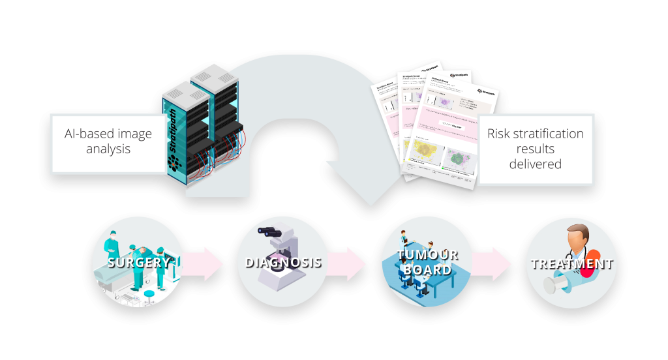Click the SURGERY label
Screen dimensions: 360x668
pyautogui.click(x=139, y=263)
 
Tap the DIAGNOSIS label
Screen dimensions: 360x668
pyautogui.click(x=283, y=263)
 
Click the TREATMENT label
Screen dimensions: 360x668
pyautogui.click(x=571, y=264)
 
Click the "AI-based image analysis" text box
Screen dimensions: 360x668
pyautogui.click(x=108, y=142)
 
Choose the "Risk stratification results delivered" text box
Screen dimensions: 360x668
pyautogui.click(x=535, y=149)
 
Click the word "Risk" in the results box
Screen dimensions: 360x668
pyautogui.click(x=501, y=134)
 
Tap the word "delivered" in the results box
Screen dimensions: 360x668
pyautogui.click(x=535, y=164)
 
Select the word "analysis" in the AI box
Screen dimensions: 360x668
pyautogui.click(x=108, y=149)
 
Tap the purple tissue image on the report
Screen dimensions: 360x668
pyautogui.click(x=446, y=102)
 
